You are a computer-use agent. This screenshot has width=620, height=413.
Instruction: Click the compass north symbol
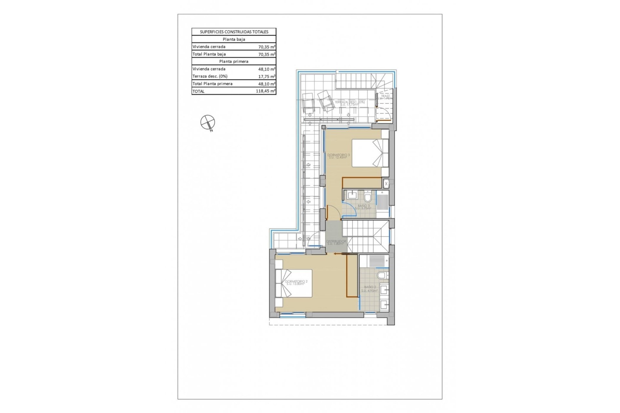(x=207, y=122)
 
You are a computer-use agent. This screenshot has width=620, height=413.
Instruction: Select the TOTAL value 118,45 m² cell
(x=265, y=91)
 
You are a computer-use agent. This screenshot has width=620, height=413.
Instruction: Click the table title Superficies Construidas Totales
(x=234, y=32)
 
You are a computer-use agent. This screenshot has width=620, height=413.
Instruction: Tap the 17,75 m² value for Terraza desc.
(x=267, y=76)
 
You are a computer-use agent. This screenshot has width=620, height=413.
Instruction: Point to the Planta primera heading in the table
(x=234, y=62)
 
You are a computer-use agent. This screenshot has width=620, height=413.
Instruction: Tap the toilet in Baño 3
(x=368, y=196)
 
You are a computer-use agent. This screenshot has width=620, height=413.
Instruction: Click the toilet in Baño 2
(x=382, y=275)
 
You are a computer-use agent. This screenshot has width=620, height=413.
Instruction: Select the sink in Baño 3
(x=351, y=195)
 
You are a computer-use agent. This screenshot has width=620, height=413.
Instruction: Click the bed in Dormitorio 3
(x=370, y=153)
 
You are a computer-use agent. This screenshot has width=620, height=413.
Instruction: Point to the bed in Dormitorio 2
(x=294, y=283)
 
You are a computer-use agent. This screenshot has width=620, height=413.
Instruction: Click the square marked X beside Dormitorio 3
(x=386, y=184)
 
